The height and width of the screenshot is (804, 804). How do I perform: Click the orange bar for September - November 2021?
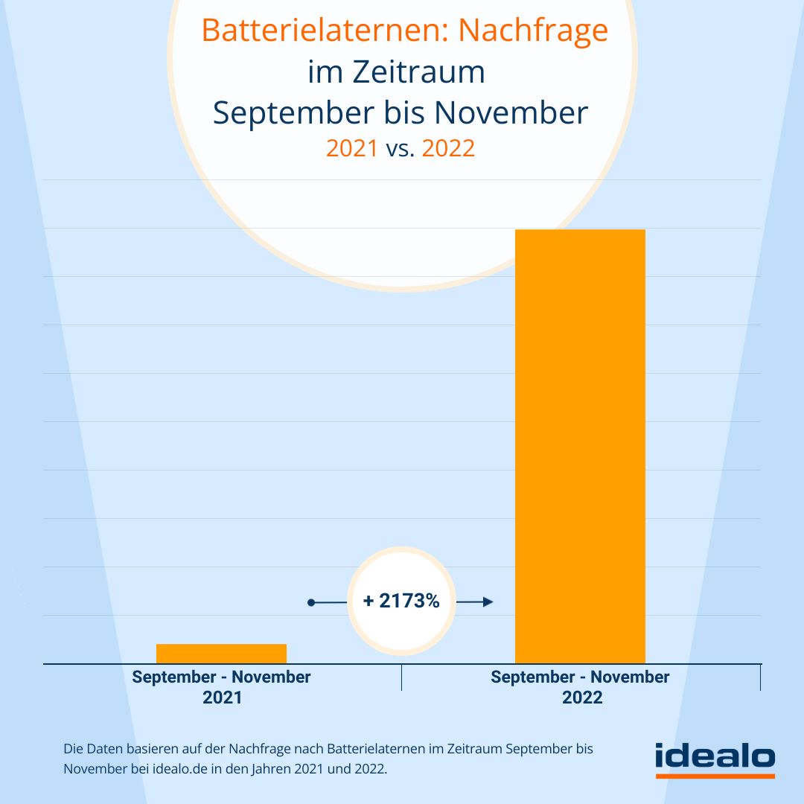[221, 653]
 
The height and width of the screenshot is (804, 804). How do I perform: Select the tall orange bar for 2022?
[580, 447]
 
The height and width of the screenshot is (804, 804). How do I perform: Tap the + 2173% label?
[401, 601]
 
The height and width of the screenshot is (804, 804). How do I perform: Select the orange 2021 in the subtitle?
[352, 148]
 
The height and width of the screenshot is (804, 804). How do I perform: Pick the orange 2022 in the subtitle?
[448, 148]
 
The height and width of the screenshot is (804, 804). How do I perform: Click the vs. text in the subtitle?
[400, 148]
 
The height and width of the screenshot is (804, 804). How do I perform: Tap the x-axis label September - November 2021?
[221, 687]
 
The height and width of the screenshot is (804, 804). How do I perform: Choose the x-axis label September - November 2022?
[580, 687]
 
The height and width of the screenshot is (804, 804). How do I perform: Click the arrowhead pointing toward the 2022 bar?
[488, 602]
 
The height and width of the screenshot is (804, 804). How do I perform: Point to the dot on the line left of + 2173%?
[313, 602]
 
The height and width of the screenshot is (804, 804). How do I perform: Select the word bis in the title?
[406, 113]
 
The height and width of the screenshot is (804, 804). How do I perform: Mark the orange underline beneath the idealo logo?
[715, 776]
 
